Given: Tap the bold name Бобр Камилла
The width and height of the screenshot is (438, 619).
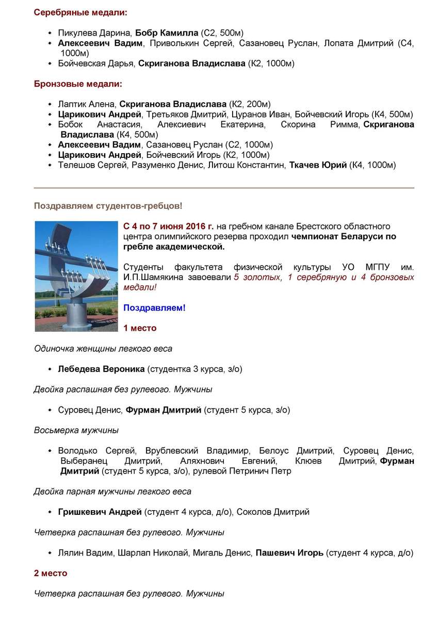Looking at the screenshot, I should (167, 32).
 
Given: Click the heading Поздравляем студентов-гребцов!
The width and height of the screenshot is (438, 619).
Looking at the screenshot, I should (108, 206).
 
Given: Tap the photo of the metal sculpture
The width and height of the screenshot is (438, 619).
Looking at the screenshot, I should (75, 276).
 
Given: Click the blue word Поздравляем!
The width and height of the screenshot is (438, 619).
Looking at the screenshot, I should (154, 308).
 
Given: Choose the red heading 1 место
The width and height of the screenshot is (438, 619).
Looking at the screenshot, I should (140, 328).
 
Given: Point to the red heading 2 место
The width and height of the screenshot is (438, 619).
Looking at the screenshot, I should (51, 573).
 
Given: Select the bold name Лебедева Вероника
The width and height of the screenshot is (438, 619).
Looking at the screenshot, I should (101, 369).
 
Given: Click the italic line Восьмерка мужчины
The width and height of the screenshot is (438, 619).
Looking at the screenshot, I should (76, 430).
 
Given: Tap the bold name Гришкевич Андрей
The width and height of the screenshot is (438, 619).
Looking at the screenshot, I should (100, 512).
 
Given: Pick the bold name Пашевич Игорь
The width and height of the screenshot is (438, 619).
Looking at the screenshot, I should (289, 552).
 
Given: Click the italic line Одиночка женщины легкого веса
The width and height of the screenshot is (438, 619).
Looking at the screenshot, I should (103, 348).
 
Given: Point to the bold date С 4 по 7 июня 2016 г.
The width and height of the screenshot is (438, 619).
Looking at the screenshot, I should (169, 226).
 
